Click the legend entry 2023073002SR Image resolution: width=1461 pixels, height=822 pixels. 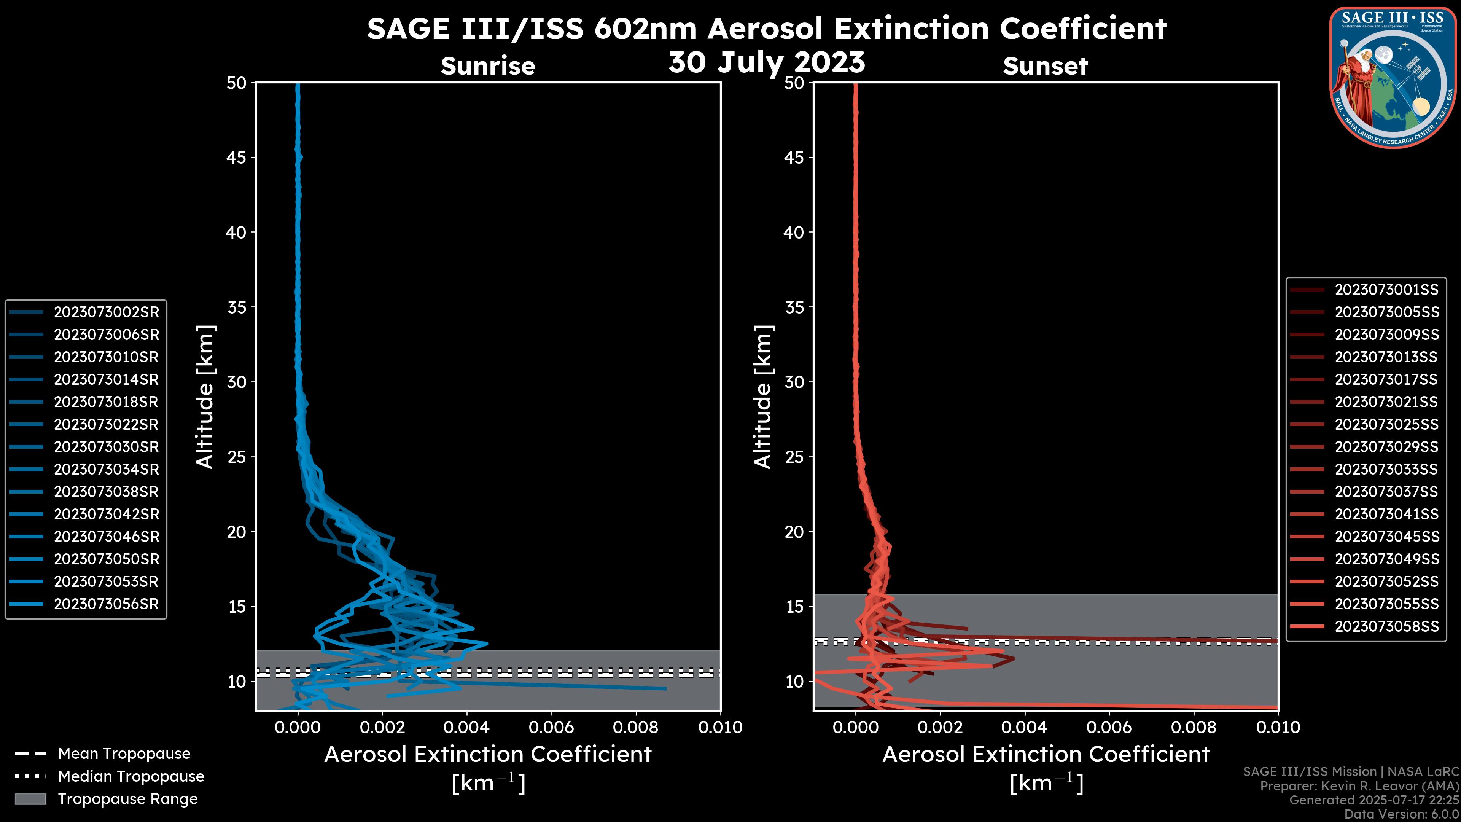pos(106,312)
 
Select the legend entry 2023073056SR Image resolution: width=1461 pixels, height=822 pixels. pos(106,604)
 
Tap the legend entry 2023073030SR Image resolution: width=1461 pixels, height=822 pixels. pos(106,447)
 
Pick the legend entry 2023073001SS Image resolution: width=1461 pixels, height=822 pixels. pos(1386,290)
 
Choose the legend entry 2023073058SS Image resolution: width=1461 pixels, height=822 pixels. pos(1386,626)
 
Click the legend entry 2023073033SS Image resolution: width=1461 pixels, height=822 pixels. pos(1386,469)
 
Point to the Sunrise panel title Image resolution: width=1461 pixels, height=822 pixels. pos(488,66)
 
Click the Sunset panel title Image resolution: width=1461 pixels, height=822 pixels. pos(1045,66)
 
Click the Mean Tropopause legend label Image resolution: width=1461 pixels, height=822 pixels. pos(124,754)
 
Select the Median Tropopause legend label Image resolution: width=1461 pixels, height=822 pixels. pos(131,777)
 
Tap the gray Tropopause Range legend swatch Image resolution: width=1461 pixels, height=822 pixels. pos(30,799)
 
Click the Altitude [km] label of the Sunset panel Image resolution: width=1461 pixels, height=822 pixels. pos(763,397)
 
